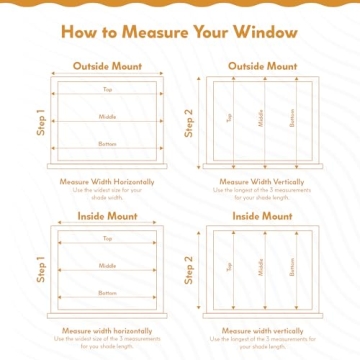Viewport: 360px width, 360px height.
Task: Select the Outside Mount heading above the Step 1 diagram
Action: click(x=107, y=66)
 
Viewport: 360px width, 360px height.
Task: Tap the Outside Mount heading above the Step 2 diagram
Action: click(x=262, y=66)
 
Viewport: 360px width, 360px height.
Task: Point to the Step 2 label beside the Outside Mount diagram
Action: click(x=190, y=123)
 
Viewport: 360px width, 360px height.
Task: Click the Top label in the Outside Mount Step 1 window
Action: click(x=107, y=90)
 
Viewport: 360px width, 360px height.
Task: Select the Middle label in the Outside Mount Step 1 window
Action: click(x=107, y=117)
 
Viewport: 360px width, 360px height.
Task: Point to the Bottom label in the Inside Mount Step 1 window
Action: click(x=107, y=293)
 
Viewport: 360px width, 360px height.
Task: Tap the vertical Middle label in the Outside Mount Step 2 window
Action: click(x=261, y=119)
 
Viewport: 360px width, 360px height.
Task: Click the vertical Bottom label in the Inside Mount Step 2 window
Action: click(x=292, y=268)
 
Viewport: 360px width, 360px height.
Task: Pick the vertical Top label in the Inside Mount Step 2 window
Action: click(x=230, y=267)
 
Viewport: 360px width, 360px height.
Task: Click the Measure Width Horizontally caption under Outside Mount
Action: click(x=107, y=182)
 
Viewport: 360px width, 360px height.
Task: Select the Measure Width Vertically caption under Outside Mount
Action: click(x=262, y=182)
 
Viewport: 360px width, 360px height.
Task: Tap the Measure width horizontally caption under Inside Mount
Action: click(x=107, y=329)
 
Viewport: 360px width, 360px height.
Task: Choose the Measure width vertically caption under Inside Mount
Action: click(x=262, y=329)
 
